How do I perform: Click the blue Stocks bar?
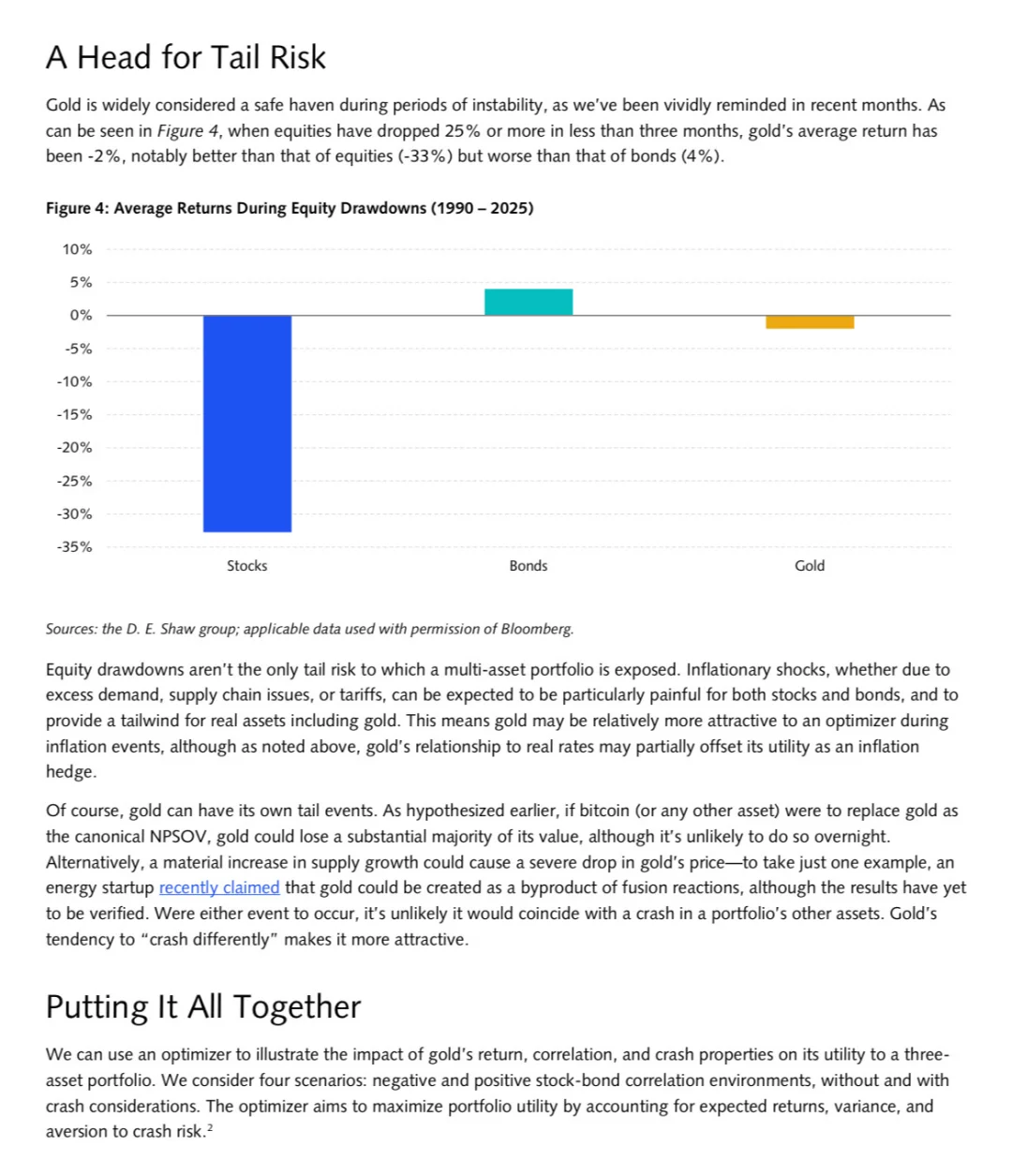pyautogui.click(x=247, y=424)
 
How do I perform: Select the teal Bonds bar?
pyautogui.click(x=528, y=302)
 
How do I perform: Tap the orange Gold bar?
pyautogui.click(x=810, y=322)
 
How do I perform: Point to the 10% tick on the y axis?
pyautogui.click(x=78, y=249)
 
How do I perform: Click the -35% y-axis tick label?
pyautogui.click(x=75, y=546)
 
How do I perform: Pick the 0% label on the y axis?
pyautogui.click(x=82, y=316)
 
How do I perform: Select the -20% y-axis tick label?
pyautogui.click(x=75, y=448)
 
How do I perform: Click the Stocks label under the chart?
pyautogui.click(x=247, y=566)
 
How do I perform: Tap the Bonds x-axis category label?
pyautogui.click(x=528, y=566)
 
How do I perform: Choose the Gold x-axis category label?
pyautogui.click(x=810, y=566)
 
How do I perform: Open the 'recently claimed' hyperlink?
pyautogui.click(x=219, y=887)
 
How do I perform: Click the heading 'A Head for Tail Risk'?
pyautogui.click(x=186, y=57)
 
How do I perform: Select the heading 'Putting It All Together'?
pyautogui.click(x=203, y=1006)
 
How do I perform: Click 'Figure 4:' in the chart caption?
pyautogui.click(x=77, y=208)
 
